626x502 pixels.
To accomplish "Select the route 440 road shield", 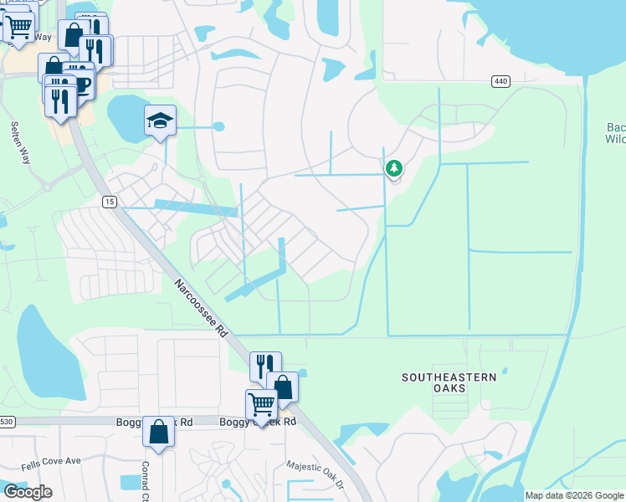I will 500,81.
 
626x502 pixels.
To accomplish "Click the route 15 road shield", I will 110,202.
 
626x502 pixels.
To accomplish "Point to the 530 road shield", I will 7,422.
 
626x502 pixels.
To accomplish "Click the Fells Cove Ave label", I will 53,460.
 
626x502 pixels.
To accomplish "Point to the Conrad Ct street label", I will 145,477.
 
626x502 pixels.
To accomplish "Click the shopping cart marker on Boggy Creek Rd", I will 261,406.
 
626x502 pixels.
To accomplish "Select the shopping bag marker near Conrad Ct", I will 158,432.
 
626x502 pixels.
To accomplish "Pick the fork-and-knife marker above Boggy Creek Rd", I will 265,366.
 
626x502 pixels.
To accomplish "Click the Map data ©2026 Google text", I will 574,495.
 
